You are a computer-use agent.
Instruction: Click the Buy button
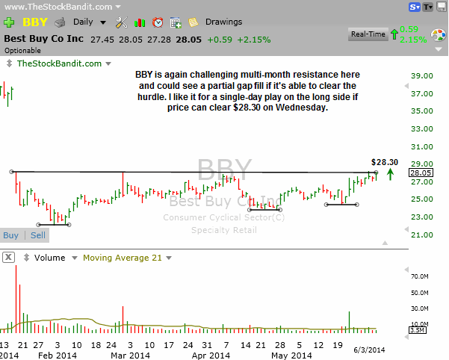point(11,235)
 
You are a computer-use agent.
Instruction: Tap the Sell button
point(37,235)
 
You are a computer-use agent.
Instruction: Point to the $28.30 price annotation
point(385,162)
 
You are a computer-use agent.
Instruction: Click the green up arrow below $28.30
point(391,176)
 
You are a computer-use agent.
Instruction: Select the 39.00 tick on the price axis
point(422,75)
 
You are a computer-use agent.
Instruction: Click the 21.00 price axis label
point(422,235)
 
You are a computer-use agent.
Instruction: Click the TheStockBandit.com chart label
point(59,63)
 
